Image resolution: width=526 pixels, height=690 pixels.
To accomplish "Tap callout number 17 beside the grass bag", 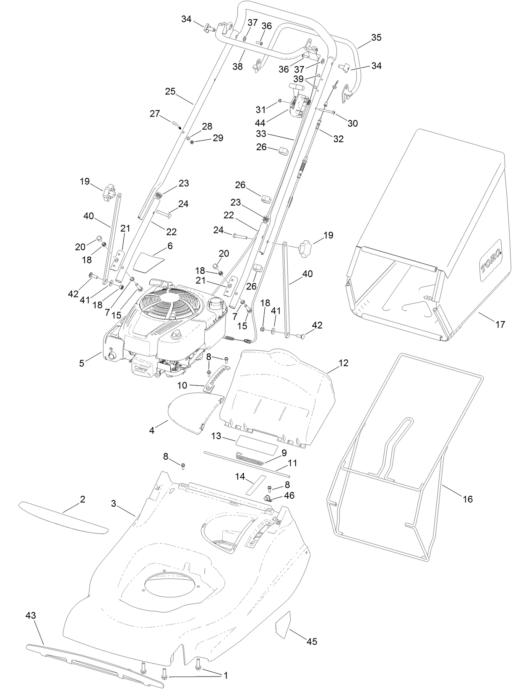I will (x=500, y=324).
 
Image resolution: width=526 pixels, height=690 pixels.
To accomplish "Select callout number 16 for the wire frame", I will (x=467, y=499).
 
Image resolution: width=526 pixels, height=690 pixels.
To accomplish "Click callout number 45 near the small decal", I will (x=312, y=641).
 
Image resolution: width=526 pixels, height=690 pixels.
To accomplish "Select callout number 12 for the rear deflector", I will (x=343, y=363).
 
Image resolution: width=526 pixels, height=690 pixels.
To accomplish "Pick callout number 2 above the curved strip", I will (x=83, y=499).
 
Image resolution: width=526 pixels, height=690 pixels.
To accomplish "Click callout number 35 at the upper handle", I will (x=376, y=37).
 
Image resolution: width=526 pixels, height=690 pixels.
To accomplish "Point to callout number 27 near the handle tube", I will (x=155, y=113).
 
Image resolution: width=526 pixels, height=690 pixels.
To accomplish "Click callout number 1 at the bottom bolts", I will (x=225, y=675).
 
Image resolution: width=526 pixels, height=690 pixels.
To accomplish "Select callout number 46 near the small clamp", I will (x=289, y=495).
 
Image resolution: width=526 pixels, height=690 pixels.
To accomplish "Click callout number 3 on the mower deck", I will (x=114, y=503).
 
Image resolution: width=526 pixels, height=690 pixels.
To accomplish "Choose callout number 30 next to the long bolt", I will (x=353, y=123).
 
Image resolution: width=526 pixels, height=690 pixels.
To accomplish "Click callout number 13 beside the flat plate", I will (x=216, y=436).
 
